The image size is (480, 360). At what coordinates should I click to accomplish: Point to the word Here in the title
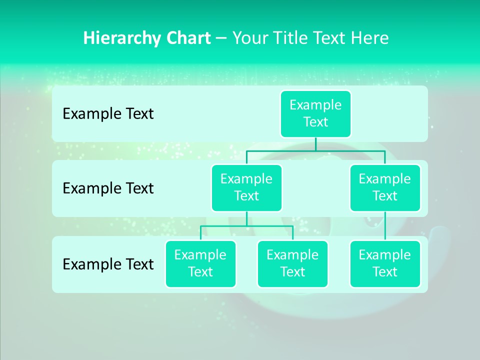coord(370,38)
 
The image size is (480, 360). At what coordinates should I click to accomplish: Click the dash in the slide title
coord(221,38)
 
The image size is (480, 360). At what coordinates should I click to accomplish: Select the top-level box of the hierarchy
coord(315,113)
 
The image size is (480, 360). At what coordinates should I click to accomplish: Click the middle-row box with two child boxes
coord(246,187)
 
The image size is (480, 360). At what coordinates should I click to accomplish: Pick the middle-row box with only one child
coord(385,187)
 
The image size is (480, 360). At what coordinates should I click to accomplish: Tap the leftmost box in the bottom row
coord(200,263)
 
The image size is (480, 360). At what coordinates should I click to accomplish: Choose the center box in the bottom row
coord(292,263)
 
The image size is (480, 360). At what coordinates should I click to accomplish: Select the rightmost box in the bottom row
coord(385,263)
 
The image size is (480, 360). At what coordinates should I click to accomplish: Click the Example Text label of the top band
coord(108,114)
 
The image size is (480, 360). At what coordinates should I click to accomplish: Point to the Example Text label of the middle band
coord(108,188)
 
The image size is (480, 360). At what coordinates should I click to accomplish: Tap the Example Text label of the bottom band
coord(108,264)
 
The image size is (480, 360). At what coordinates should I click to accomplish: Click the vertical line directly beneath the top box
coord(315,144)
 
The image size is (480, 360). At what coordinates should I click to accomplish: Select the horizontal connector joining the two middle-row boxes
coord(315,150)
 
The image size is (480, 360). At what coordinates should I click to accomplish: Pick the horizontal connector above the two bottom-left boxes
coord(246,226)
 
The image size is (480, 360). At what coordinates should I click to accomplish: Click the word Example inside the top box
coord(315,105)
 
